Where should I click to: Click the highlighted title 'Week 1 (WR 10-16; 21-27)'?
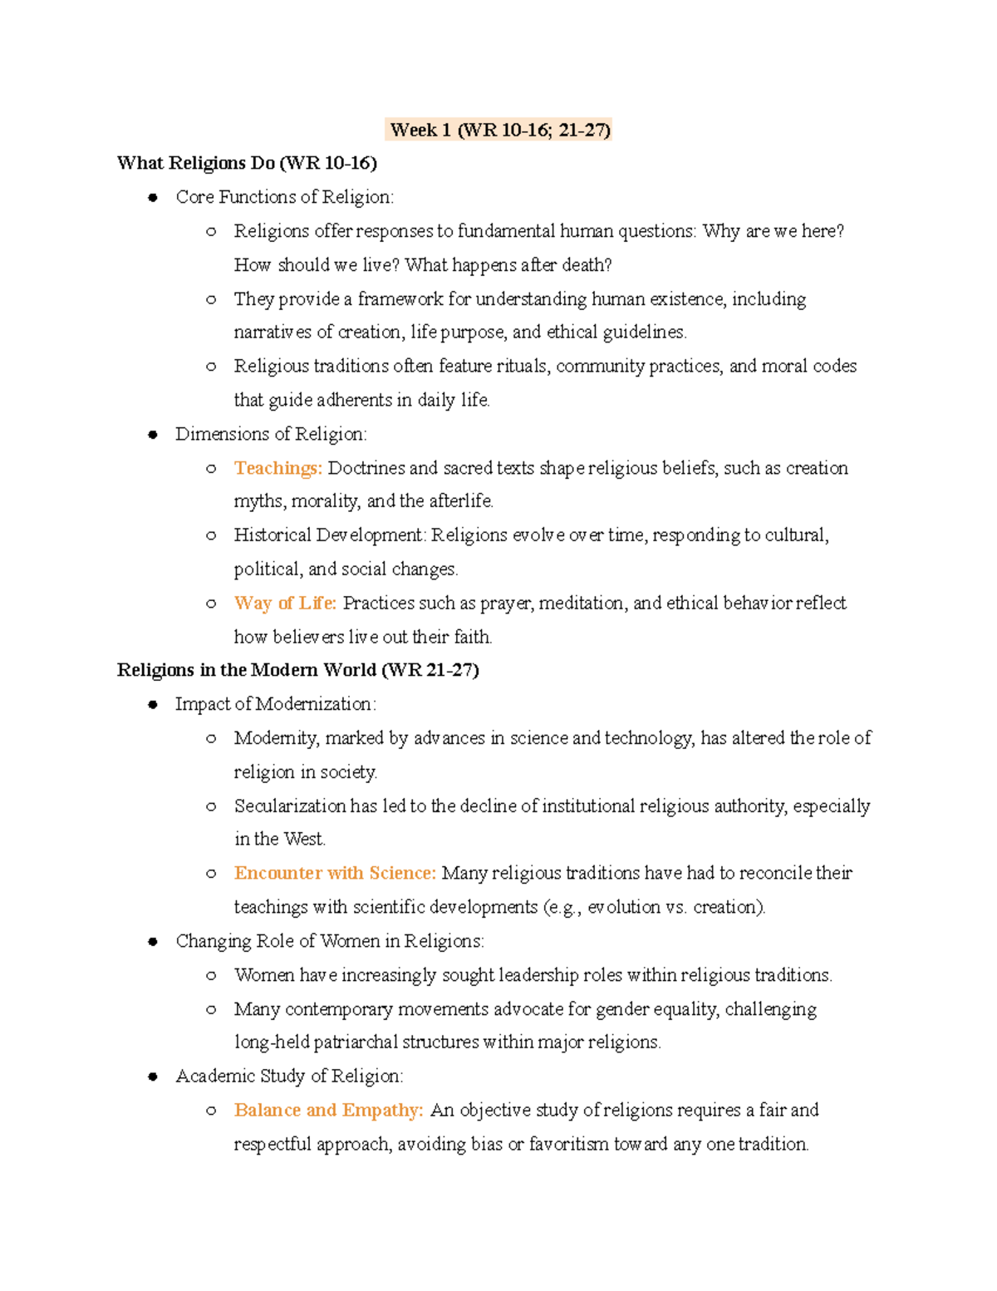point(499,130)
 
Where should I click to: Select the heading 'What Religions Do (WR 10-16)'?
point(247,163)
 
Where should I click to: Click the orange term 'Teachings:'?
point(277,468)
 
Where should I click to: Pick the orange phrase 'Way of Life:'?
point(285,603)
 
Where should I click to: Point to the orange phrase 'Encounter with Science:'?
point(335,873)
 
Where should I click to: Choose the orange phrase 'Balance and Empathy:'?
point(328,1110)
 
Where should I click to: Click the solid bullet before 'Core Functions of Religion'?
point(153,198)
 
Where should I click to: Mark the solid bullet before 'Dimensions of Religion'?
point(153,435)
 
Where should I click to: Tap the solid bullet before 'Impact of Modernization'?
point(153,705)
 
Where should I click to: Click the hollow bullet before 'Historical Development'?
point(211,536)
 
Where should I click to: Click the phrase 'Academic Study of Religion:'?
point(289,1076)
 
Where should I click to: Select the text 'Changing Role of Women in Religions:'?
point(330,941)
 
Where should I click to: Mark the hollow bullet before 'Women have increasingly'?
point(211,976)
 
